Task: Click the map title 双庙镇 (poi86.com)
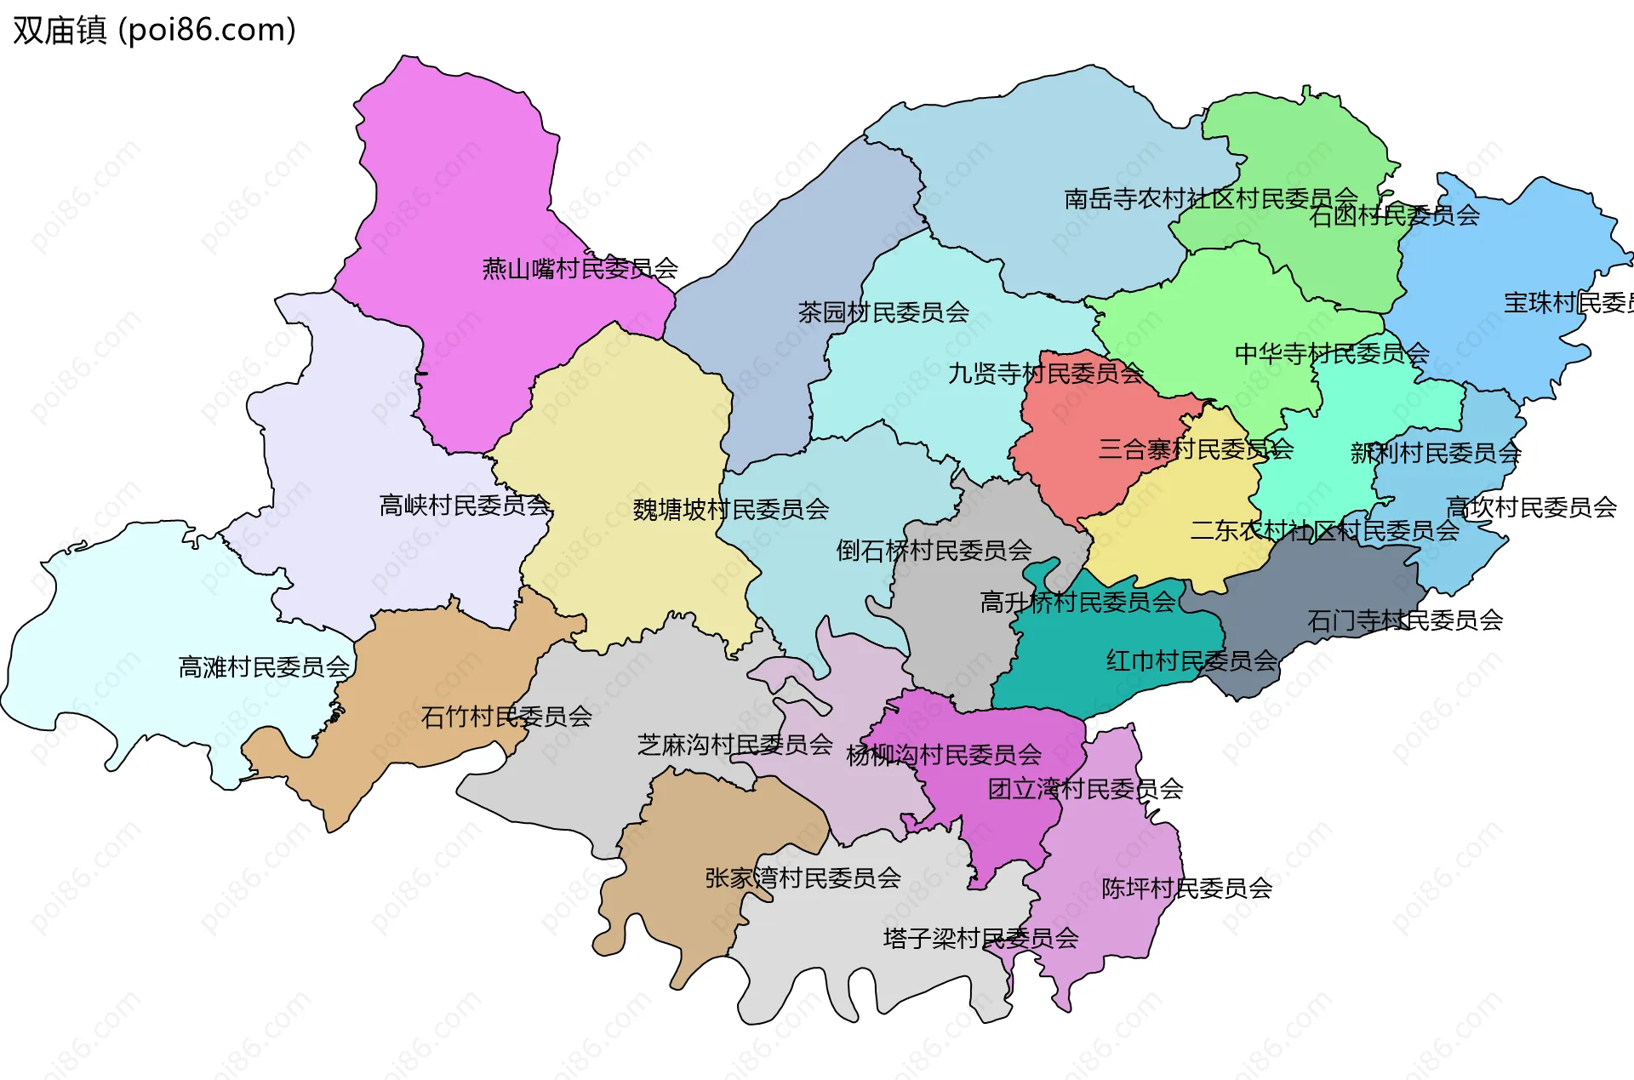click(154, 30)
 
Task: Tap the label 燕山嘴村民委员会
click(580, 269)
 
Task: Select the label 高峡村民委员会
click(465, 506)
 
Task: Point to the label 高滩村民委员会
click(264, 667)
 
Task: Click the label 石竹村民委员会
click(506, 717)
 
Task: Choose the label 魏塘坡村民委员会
click(730, 510)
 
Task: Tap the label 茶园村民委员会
click(883, 312)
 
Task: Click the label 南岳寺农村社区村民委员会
click(1210, 199)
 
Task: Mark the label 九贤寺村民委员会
click(1046, 374)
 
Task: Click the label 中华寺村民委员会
click(1332, 353)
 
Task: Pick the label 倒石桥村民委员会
click(934, 551)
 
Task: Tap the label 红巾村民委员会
click(1191, 660)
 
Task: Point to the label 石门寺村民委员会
click(1405, 620)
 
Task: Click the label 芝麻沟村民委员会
click(734, 746)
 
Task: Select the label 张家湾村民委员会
click(803, 878)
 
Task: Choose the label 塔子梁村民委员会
click(980, 939)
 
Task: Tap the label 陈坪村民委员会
click(1186, 889)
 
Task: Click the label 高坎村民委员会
click(1531, 508)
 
